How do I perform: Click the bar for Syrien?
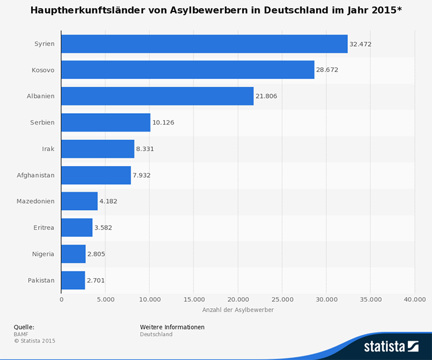204,44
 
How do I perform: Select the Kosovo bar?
187,70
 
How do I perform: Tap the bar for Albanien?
157,96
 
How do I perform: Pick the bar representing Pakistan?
73,280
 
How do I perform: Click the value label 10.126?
163,122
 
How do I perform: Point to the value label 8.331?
145,149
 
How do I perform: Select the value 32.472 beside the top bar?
360,44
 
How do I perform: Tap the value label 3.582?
103,228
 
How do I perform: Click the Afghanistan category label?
36,175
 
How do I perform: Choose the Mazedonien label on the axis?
36,201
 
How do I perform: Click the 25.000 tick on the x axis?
282,299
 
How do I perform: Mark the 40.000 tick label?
414,299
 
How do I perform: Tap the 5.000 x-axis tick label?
106,299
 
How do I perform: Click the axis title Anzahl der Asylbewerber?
238,310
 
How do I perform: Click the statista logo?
390,346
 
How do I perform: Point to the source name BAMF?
21,334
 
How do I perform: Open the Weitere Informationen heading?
172,327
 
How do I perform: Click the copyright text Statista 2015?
37,341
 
